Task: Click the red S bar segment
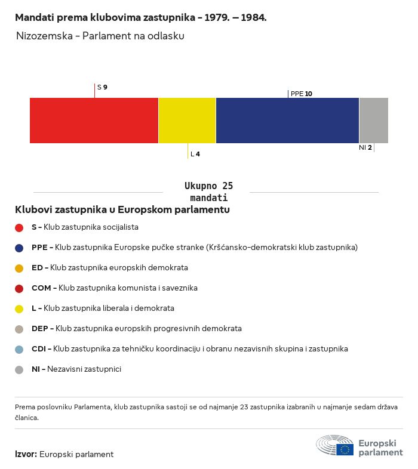pyautogui.click(x=94, y=121)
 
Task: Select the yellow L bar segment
pyautogui.click(x=187, y=121)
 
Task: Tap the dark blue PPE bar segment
pyautogui.click(x=287, y=121)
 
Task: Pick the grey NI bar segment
pyautogui.click(x=374, y=121)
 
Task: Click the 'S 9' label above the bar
pyautogui.click(x=102, y=87)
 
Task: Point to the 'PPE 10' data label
pyautogui.click(x=302, y=94)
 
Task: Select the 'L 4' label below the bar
pyautogui.click(x=195, y=154)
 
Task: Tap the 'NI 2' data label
pyautogui.click(x=365, y=147)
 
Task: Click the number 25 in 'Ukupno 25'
pyautogui.click(x=228, y=186)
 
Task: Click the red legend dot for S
pyautogui.click(x=19, y=227)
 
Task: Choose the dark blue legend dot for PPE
pyautogui.click(x=19, y=248)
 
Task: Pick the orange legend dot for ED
pyautogui.click(x=19, y=269)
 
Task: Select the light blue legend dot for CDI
pyautogui.click(x=19, y=349)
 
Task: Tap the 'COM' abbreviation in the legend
pyautogui.click(x=41, y=288)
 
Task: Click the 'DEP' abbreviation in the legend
pyautogui.click(x=40, y=328)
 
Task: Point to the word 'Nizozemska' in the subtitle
pyautogui.click(x=44, y=36)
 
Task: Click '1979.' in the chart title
pyautogui.click(x=217, y=17)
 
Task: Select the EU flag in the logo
pyautogui.click(x=345, y=449)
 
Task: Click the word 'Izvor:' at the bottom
pyautogui.click(x=26, y=454)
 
